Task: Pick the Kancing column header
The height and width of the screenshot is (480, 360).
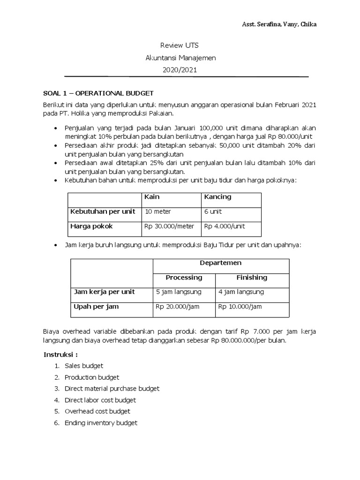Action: click(x=217, y=197)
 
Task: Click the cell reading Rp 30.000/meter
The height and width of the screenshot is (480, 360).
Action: click(x=169, y=226)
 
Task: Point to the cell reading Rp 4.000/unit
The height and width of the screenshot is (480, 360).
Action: click(x=224, y=226)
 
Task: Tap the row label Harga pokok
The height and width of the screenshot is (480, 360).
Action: click(x=91, y=226)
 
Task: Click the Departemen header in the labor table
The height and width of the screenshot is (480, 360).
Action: click(x=220, y=263)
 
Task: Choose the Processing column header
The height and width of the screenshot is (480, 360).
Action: click(x=184, y=277)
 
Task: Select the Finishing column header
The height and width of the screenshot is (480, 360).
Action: click(x=252, y=277)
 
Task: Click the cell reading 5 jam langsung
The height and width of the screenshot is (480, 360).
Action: click(x=179, y=292)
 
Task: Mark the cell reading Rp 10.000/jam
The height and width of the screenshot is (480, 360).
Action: click(x=240, y=307)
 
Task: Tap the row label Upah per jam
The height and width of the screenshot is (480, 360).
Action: click(x=96, y=307)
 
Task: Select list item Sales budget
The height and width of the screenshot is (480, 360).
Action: click(x=83, y=366)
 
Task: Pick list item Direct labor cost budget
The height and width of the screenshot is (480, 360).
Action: click(x=100, y=400)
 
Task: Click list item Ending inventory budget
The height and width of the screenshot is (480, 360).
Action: click(x=101, y=423)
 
